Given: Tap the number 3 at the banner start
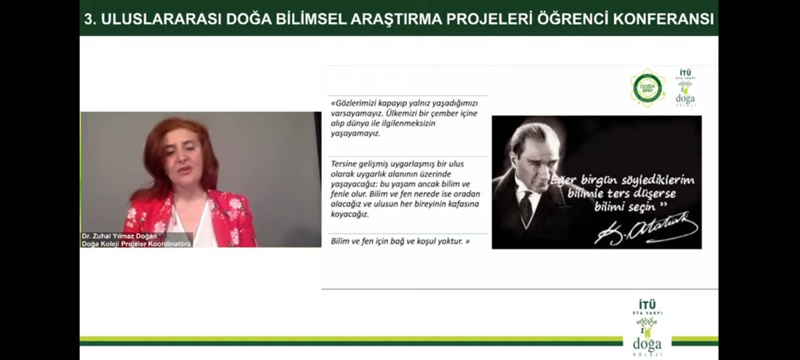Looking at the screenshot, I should [89, 19].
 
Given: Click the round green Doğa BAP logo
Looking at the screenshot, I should [647, 88].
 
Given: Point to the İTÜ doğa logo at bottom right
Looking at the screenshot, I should [647, 327].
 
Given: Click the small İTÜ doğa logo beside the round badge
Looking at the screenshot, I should [685, 88].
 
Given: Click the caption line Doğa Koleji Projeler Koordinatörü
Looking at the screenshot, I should [136, 244].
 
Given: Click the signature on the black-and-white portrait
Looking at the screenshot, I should [645, 229].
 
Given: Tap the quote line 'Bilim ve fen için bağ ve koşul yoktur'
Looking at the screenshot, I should [400, 241].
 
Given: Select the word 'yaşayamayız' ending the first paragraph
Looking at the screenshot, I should [355, 133].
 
